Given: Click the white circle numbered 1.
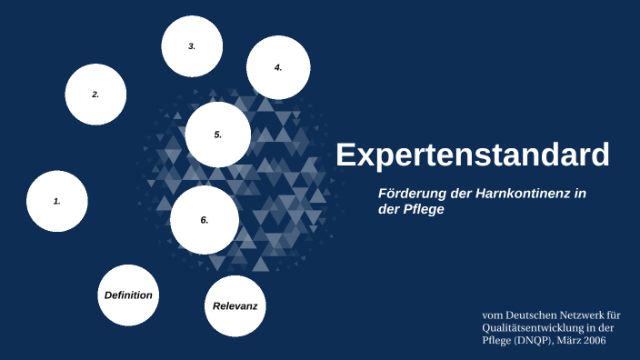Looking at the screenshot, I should click(x=56, y=201).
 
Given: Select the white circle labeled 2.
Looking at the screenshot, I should click(x=95, y=94).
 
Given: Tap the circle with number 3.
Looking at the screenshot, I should click(x=192, y=46).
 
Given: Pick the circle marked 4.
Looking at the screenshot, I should click(x=278, y=67).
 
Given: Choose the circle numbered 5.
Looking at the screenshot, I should click(x=218, y=135).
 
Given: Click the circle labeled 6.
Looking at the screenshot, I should click(x=205, y=220).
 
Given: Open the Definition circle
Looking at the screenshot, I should click(x=128, y=295).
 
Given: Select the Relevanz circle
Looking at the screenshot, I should click(x=235, y=306).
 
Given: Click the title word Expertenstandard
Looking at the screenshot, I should click(x=472, y=155).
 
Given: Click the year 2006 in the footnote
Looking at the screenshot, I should click(x=592, y=340).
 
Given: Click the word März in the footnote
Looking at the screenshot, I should click(x=568, y=340).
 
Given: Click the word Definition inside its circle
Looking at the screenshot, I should click(x=128, y=295).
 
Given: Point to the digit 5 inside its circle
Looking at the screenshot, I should click(x=217, y=135).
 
